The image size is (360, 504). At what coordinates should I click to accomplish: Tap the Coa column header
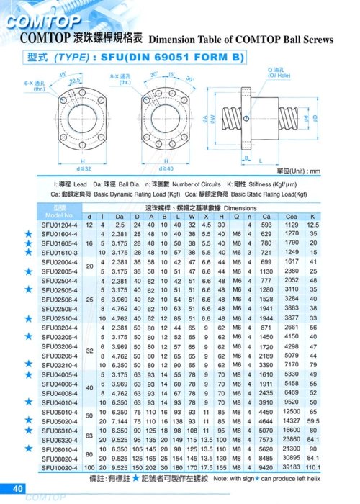(x=291, y=216)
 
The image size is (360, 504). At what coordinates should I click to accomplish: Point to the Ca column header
(x=266, y=216)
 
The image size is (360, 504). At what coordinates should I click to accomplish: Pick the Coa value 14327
(x=291, y=420)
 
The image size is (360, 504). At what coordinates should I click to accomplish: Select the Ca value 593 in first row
(x=266, y=225)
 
